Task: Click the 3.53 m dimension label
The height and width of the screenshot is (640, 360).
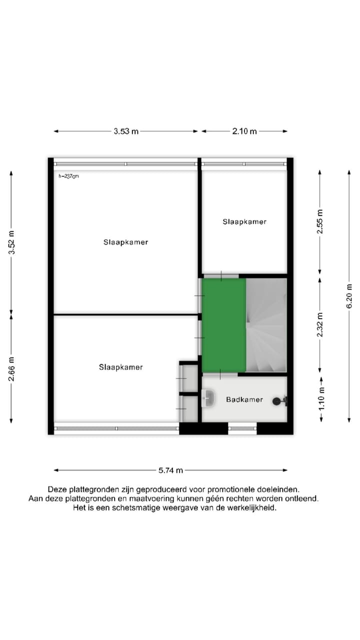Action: tap(126, 131)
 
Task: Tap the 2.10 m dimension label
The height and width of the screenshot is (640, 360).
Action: tap(244, 131)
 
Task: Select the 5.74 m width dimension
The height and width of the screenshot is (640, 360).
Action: tap(170, 470)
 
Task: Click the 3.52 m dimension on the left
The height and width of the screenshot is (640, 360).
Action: tap(11, 242)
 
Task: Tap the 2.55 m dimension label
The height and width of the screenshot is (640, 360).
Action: tap(320, 221)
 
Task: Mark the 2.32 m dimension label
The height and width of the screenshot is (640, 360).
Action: tap(320, 324)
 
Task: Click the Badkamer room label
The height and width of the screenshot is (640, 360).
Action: tap(244, 399)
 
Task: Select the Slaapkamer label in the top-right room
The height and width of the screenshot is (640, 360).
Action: tap(244, 221)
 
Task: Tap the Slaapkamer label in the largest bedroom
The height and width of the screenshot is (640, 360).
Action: tap(125, 242)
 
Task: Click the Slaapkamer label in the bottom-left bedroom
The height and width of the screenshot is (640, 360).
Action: tap(120, 367)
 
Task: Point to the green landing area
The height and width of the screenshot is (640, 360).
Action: tap(223, 325)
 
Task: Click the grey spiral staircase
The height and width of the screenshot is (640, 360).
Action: tap(266, 325)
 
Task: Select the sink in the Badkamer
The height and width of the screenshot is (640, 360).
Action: tap(208, 398)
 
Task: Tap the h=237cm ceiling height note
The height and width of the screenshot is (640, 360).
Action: tap(69, 176)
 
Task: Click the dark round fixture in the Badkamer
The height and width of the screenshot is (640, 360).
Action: tap(276, 400)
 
